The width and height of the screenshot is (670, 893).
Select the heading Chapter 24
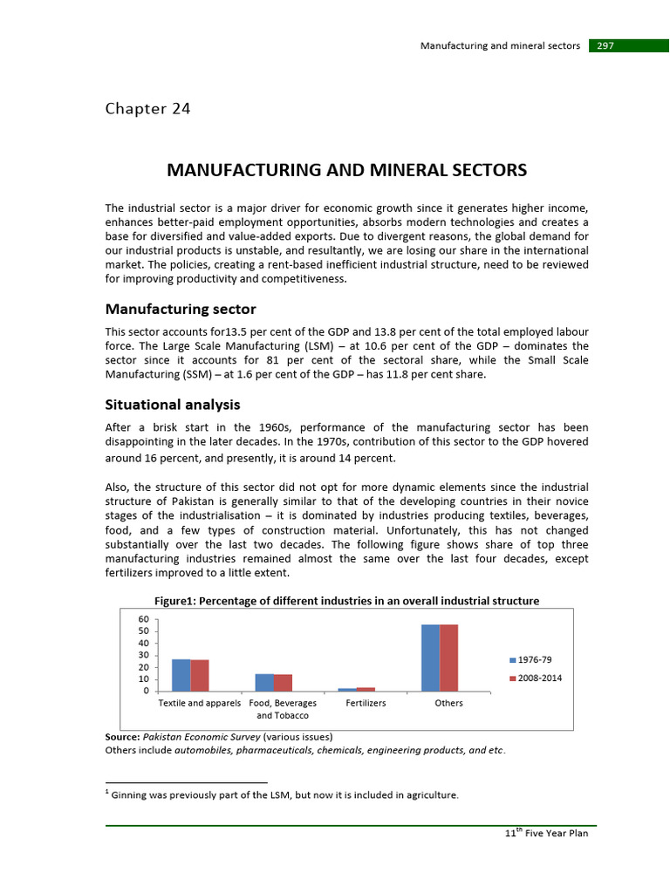pos(147,109)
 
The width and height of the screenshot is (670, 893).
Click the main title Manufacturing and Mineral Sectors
pos(346,170)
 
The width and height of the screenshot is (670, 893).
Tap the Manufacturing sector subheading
pos(181,310)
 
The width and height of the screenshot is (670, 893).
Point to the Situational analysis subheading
pos(173,405)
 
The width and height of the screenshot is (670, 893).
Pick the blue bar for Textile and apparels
pos(181,675)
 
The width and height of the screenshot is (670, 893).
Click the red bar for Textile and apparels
pos(200,675)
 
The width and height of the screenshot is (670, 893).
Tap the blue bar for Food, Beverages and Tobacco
pos(263,682)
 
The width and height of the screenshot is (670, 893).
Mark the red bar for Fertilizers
pos(366,689)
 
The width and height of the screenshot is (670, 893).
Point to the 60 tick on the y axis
pos(155,619)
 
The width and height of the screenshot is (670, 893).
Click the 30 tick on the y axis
pos(155,655)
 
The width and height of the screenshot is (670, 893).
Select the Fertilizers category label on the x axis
pos(366,703)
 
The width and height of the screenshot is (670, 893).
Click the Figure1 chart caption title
pos(346,601)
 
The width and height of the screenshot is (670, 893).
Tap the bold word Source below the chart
pos(122,737)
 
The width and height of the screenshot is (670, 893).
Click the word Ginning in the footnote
pos(133,794)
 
